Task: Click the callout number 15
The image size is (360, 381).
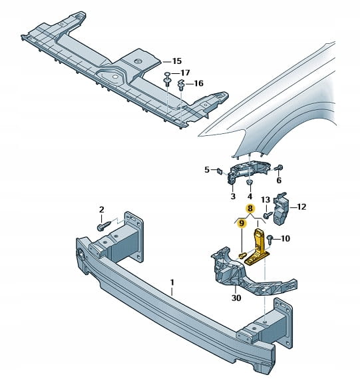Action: [177, 61]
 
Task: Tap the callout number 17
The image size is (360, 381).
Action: [185, 73]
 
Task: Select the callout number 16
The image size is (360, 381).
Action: [198, 83]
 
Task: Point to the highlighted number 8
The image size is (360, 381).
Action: [250, 208]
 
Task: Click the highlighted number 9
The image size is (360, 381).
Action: [242, 223]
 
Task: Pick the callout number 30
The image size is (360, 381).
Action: [236, 298]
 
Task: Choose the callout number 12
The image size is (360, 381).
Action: [301, 206]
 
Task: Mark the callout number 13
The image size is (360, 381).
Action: [266, 200]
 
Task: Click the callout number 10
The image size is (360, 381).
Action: [285, 238]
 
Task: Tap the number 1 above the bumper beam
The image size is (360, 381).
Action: [172, 282]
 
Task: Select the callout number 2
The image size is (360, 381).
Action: [101, 209]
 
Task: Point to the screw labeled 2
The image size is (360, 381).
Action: [104, 225]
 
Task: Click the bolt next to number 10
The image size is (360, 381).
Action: [270, 238]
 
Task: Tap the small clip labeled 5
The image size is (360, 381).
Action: [220, 171]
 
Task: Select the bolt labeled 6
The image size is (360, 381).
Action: [279, 168]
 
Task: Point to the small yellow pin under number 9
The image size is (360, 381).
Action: [242, 255]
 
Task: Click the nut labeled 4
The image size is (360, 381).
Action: [250, 183]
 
